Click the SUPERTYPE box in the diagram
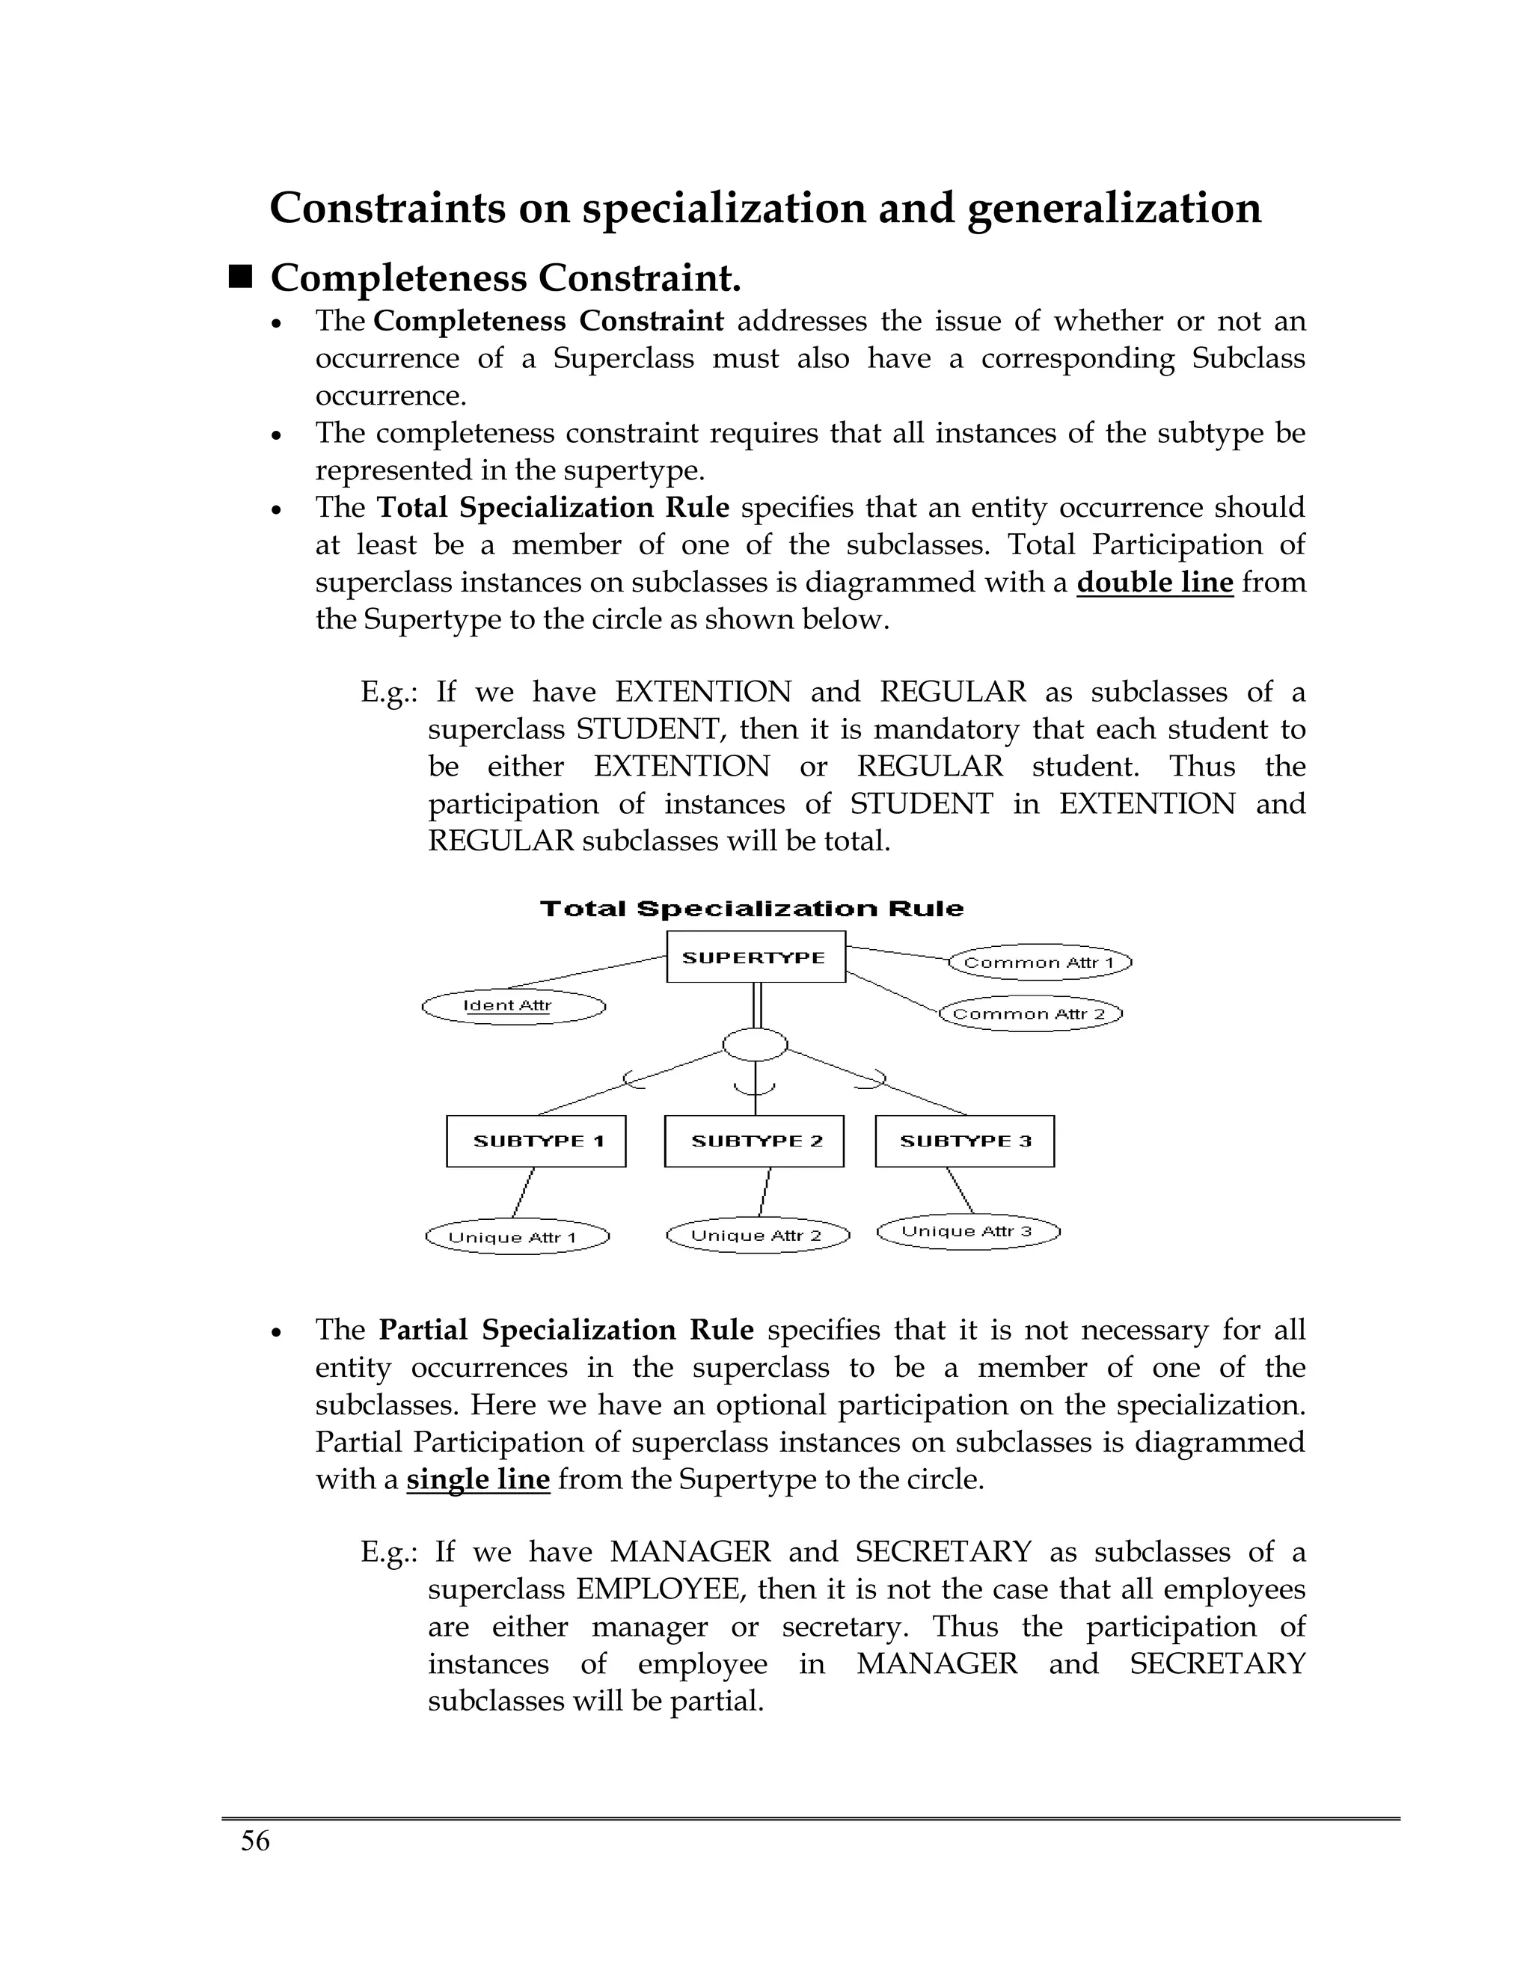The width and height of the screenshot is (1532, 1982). tap(755, 957)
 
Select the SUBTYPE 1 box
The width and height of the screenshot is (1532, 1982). tap(536, 1141)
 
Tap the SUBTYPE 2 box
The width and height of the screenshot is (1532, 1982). tap(754, 1141)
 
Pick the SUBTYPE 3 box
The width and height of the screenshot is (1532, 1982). tap(965, 1141)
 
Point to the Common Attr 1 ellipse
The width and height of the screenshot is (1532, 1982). tap(1040, 962)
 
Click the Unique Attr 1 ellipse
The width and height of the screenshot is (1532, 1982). tap(516, 1237)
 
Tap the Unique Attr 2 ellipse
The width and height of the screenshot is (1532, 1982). tap(758, 1235)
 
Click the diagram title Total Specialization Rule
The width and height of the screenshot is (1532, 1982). tap(752, 909)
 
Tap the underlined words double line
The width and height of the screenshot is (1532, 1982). tap(1154, 583)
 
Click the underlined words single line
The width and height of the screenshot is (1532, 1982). tap(477, 1480)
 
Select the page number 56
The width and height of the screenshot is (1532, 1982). tap(255, 1841)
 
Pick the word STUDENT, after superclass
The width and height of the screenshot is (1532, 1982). tap(649, 730)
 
